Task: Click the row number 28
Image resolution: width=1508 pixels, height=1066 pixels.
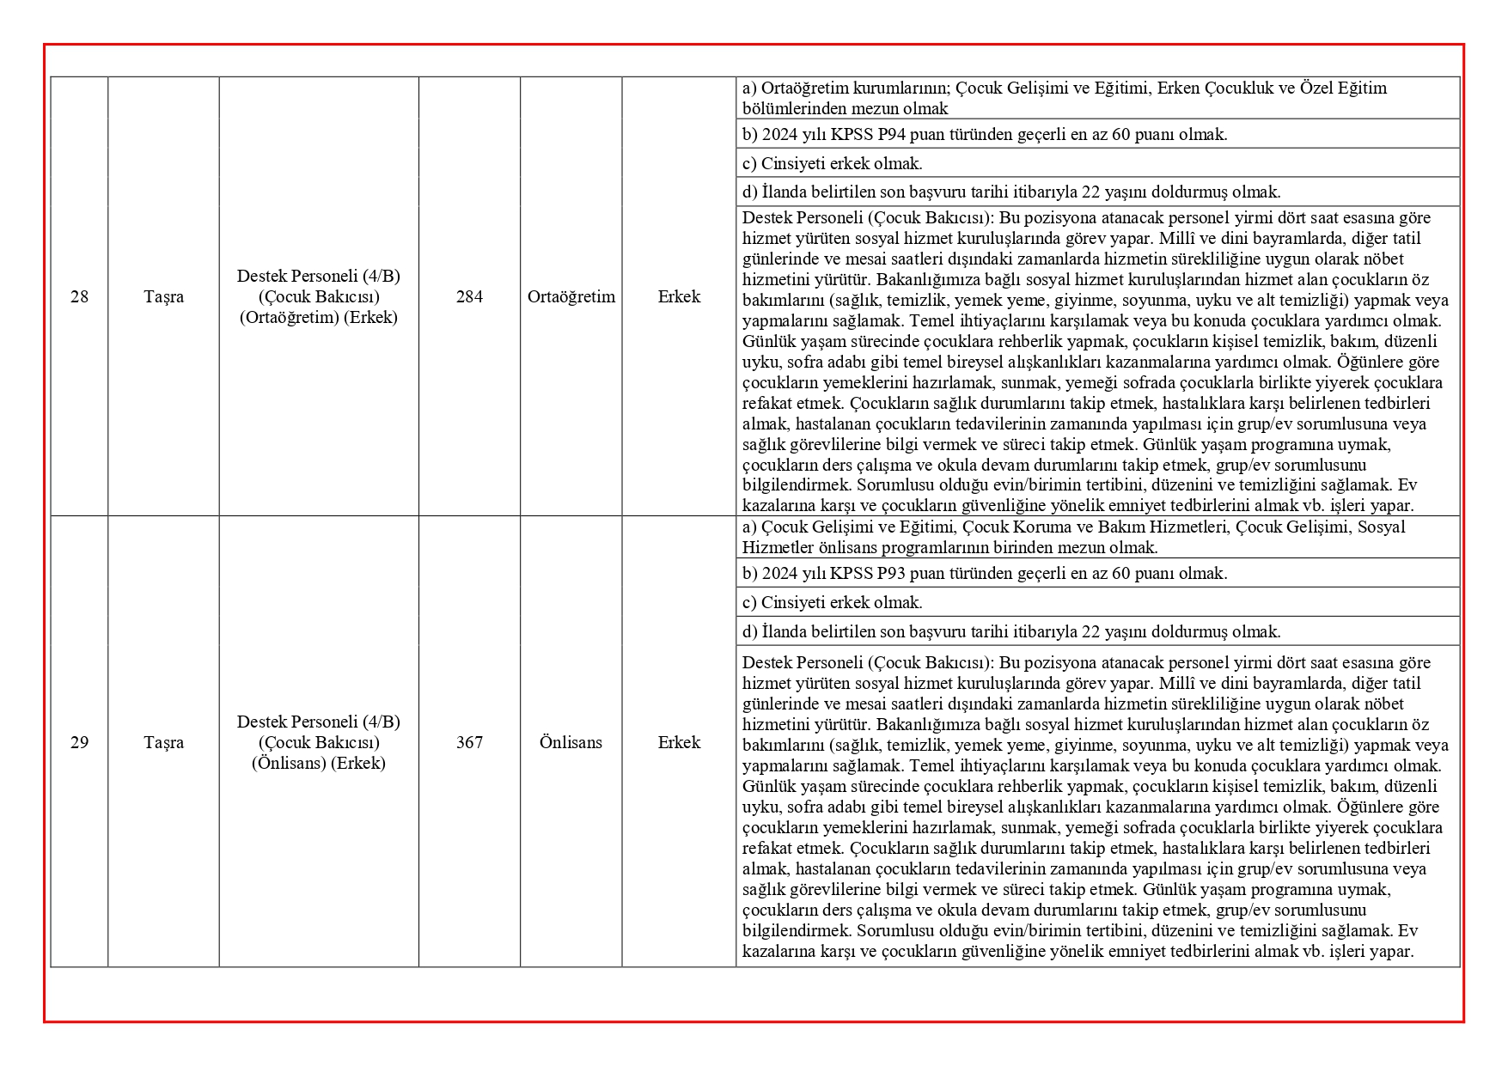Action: (79, 296)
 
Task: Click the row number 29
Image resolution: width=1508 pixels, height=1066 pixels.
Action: (79, 742)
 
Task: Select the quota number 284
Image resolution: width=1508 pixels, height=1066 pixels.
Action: (469, 296)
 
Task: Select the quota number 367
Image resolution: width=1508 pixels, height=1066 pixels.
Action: (469, 742)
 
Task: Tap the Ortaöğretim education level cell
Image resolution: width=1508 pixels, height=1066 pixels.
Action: (571, 296)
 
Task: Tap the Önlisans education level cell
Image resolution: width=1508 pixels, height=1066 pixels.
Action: (571, 742)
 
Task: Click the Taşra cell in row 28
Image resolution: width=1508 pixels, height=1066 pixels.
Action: (163, 296)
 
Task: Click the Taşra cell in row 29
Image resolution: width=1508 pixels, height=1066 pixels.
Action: (163, 742)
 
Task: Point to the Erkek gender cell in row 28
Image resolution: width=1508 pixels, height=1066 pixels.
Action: (679, 296)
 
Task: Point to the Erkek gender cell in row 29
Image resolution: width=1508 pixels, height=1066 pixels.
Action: (679, 742)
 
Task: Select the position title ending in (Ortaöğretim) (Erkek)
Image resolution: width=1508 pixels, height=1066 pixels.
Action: (319, 296)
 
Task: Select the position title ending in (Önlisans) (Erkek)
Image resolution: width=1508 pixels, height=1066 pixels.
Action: (319, 742)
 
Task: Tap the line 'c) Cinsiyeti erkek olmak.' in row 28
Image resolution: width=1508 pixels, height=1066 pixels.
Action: (832, 163)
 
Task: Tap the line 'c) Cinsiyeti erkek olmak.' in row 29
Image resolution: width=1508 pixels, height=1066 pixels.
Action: (832, 602)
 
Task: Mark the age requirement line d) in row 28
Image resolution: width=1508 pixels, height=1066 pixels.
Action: (1011, 192)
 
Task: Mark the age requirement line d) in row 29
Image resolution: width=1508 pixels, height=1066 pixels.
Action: (1011, 631)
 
